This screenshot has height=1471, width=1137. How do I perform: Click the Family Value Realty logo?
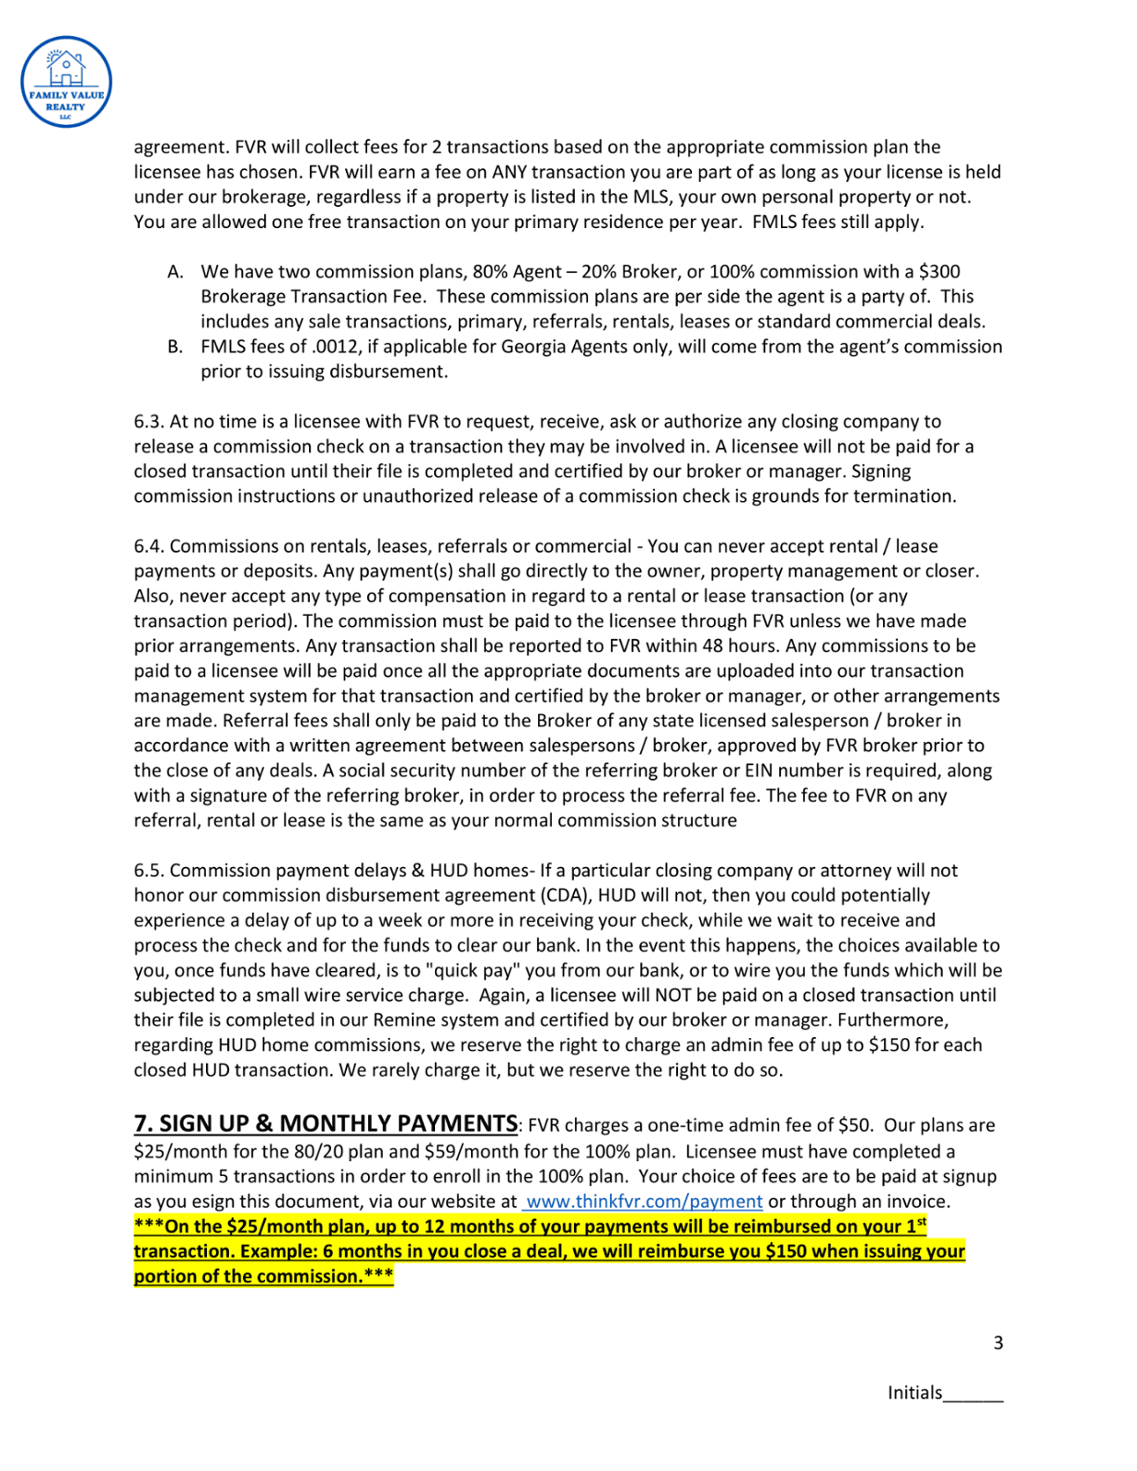click(66, 82)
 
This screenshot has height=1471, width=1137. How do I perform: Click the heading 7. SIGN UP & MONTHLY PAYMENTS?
click(326, 1123)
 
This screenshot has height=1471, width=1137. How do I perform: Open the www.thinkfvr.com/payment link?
click(644, 1202)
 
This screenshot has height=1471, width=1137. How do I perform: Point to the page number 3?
click(998, 1343)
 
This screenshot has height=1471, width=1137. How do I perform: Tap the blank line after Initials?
click(973, 1395)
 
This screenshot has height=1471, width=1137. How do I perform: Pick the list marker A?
click(175, 272)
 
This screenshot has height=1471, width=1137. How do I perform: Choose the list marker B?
click(175, 347)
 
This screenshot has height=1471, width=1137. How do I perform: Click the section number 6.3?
click(149, 422)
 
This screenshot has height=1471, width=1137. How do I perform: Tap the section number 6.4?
click(149, 546)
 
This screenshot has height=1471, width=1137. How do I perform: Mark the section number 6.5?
click(149, 871)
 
